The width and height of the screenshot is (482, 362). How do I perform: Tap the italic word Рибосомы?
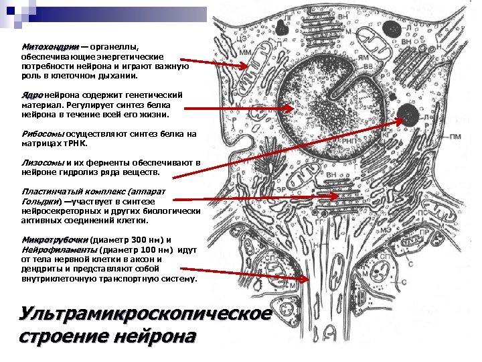(x=43, y=133)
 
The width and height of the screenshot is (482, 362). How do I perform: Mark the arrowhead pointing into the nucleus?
(x=290, y=109)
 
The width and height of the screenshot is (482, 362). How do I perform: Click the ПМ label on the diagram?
(x=455, y=137)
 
